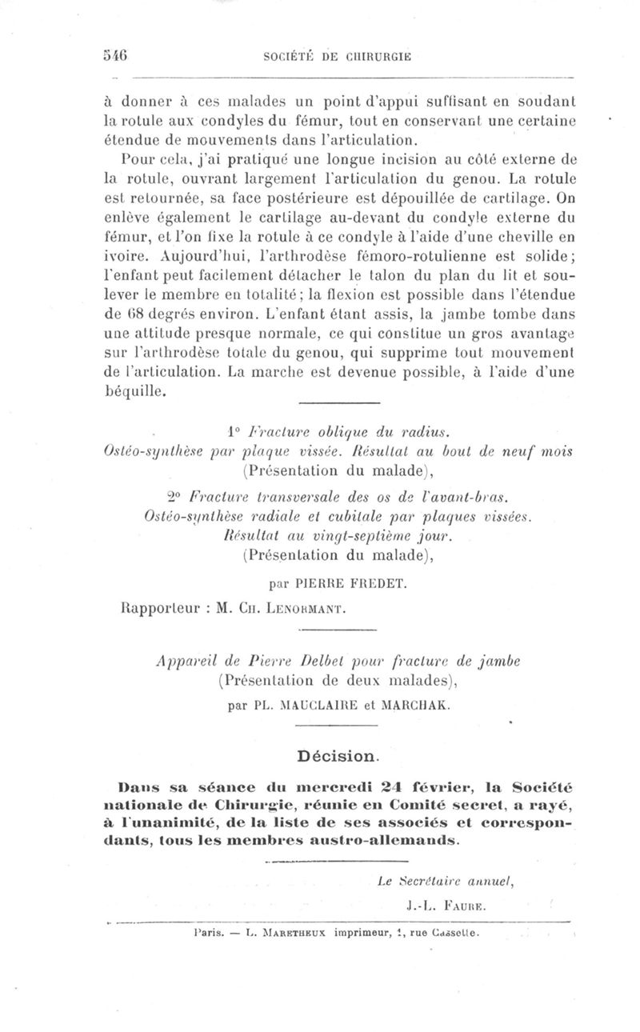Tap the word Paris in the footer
208,933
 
